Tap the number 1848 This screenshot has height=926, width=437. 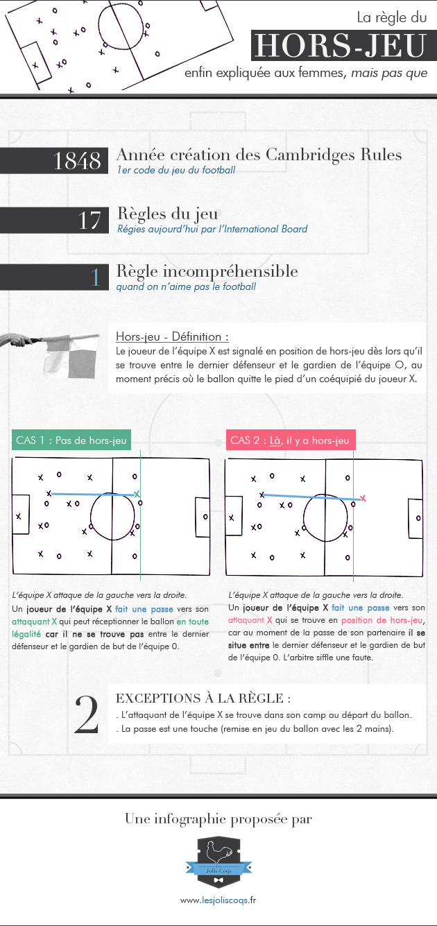(77, 160)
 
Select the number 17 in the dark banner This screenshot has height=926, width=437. (89, 221)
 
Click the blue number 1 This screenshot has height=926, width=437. (96, 277)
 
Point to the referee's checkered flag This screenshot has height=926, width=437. (72, 357)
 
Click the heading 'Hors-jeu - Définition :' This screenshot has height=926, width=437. (172, 336)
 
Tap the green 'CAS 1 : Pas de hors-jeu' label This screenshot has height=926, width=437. (71, 440)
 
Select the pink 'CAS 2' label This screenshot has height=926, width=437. (291, 440)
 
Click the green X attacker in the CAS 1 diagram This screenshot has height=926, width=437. (137, 494)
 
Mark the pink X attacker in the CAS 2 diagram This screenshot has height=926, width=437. (363, 499)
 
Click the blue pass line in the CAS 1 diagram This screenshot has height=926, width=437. (93, 494)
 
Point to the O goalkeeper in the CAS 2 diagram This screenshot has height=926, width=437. (418, 518)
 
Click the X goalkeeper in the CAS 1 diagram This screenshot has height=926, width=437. (18, 516)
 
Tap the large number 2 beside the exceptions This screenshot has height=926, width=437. (87, 714)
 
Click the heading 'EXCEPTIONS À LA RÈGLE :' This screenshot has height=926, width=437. (203, 698)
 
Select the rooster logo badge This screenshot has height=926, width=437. (218, 862)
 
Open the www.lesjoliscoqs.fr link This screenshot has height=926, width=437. (218, 900)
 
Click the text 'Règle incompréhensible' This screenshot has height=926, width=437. (207, 271)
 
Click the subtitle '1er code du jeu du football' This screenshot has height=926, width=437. (176, 170)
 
